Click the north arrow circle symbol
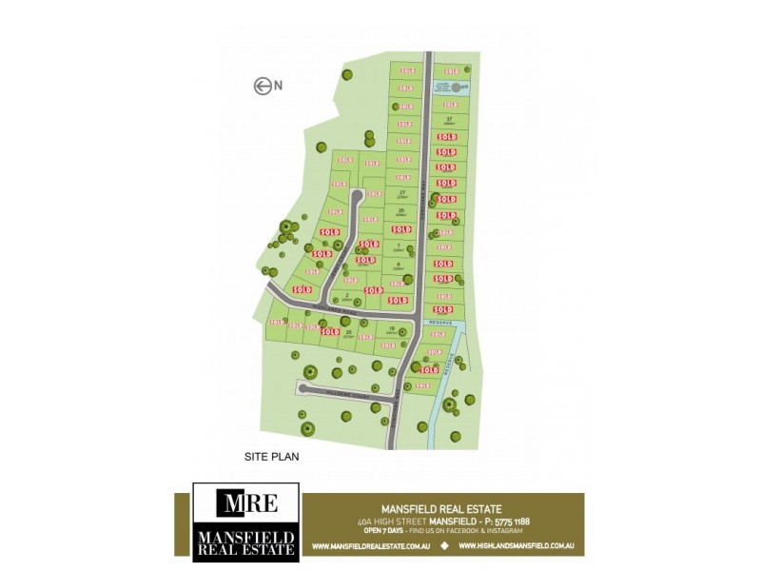[x=262, y=87]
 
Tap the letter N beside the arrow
[x=279, y=87]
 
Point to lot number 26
[x=402, y=210]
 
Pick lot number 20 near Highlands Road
[x=349, y=332]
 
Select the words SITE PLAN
[x=272, y=457]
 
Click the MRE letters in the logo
[x=245, y=502]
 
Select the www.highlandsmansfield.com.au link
[x=521, y=546]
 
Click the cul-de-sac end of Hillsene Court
[x=302, y=387]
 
